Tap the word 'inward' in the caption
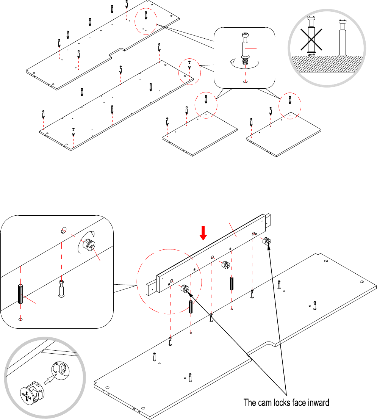click(x=319, y=403)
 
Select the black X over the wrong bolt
click(x=311, y=40)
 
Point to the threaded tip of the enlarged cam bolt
click(x=245, y=62)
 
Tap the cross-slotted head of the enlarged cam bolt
click(x=246, y=34)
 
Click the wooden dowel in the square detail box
click(x=20, y=294)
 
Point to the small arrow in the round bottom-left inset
click(x=50, y=379)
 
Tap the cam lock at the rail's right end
click(x=267, y=241)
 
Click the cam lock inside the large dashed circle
click(x=185, y=288)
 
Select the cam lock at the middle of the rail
click(x=226, y=265)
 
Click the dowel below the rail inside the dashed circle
click(x=191, y=307)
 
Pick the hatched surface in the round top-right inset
click(x=327, y=64)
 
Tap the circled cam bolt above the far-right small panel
click(x=290, y=100)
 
